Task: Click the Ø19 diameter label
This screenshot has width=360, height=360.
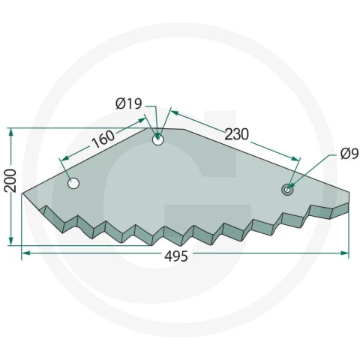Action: pos(129,103)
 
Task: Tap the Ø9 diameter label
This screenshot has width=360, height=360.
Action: pos(349,154)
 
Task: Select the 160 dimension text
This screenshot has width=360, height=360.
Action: pos(103,139)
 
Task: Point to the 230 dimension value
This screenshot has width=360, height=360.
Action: pos(237,134)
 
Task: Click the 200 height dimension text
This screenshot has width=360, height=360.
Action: pos(10,181)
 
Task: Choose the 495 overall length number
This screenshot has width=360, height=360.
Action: pos(176,256)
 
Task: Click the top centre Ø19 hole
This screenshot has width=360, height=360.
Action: pos(157,140)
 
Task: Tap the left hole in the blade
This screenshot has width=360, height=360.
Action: pos(73,183)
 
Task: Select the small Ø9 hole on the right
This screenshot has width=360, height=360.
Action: pos(287,189)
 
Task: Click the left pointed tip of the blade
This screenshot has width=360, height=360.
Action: pos(22,193)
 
